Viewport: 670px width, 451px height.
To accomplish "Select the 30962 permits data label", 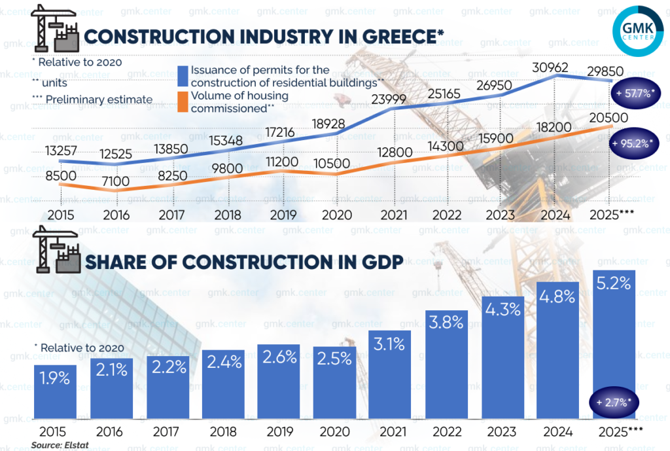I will point(550,67).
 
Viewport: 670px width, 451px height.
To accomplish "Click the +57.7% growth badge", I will point(634,94).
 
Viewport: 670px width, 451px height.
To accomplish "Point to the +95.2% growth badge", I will point(634,144).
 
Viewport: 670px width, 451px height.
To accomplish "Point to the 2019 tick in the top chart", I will point(280,215).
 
